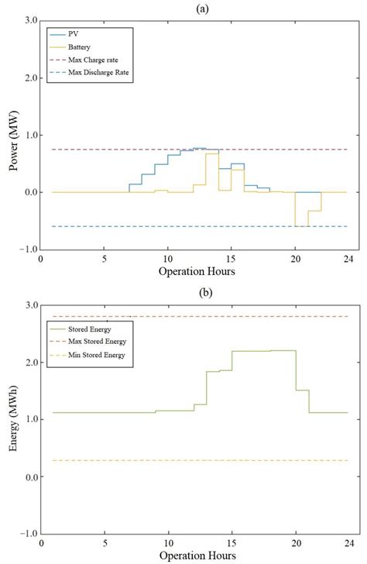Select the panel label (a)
[x=194, y=7]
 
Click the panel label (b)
[x=194, y=292]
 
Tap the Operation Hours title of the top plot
[x=194, y=272]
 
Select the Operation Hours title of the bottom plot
[x=194, y=556]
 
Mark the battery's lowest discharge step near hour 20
[x=301, y=226]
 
